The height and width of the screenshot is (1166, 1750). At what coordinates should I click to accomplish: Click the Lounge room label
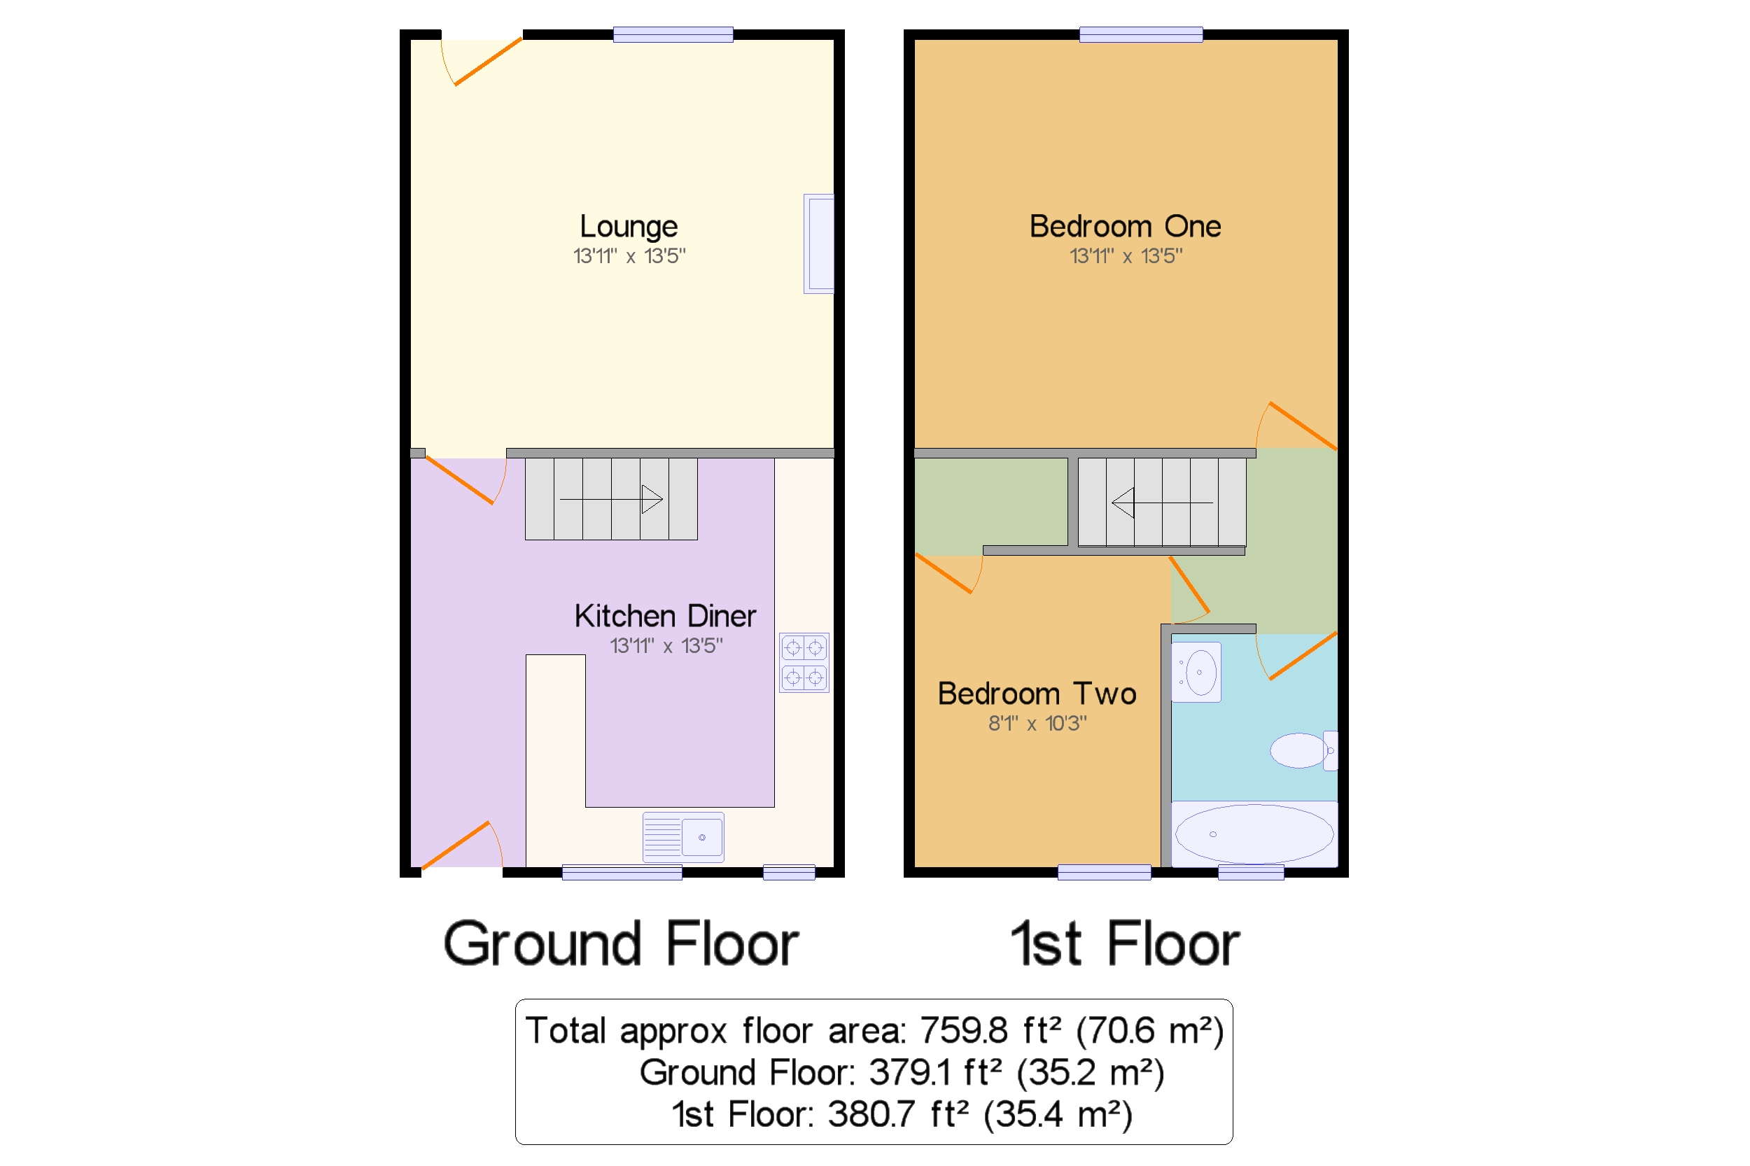629,227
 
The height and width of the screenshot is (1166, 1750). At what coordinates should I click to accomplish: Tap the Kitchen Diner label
665,617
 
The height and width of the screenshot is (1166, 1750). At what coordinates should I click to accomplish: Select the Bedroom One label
1124,227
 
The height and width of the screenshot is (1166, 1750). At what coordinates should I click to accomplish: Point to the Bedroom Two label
1037,694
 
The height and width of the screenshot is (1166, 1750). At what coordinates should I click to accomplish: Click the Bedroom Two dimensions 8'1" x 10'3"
1037,724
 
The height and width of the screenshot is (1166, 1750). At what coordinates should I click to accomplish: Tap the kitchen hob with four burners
804,663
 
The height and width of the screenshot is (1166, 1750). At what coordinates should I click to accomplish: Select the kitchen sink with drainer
682,837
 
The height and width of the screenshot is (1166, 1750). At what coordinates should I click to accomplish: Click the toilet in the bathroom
1302,750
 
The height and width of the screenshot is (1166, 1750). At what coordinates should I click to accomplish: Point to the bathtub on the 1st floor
1254,834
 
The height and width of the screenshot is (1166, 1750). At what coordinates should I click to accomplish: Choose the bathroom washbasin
1196,672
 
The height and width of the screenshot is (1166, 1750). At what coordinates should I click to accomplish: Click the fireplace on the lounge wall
819,244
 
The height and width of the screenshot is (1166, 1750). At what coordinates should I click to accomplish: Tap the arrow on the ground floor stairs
651,499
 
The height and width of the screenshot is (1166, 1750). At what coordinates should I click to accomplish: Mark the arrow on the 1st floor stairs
1123,503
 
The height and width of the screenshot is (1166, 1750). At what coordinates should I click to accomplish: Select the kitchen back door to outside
462,845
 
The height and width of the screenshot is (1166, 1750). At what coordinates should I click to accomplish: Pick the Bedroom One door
1298,427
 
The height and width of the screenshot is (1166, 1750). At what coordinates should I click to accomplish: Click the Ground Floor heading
621,944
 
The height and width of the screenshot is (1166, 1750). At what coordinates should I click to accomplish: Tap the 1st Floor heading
1124,944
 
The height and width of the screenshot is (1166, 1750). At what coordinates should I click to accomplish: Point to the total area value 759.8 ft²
965,1032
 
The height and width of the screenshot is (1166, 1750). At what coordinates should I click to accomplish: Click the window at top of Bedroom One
1140,34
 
